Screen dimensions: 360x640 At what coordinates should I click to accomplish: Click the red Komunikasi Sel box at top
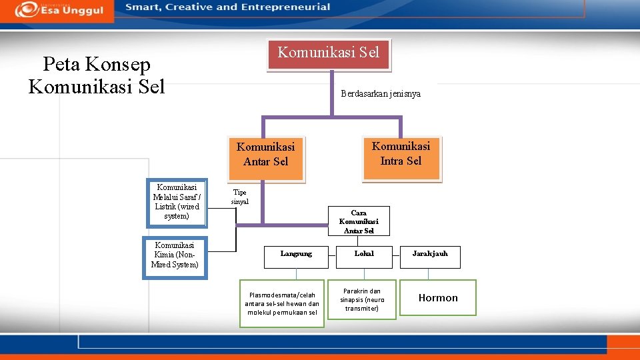329,54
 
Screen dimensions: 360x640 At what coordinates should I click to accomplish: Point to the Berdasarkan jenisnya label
380,94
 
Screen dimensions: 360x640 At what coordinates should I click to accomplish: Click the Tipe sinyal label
239,197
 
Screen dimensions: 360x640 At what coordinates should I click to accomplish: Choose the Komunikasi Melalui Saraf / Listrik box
177,202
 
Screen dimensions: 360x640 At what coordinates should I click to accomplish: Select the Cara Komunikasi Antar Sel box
359,221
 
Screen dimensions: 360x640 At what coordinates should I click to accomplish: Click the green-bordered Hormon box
438,298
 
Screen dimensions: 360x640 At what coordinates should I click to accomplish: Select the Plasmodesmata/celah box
282,303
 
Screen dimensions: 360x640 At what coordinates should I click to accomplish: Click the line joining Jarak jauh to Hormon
429,274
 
